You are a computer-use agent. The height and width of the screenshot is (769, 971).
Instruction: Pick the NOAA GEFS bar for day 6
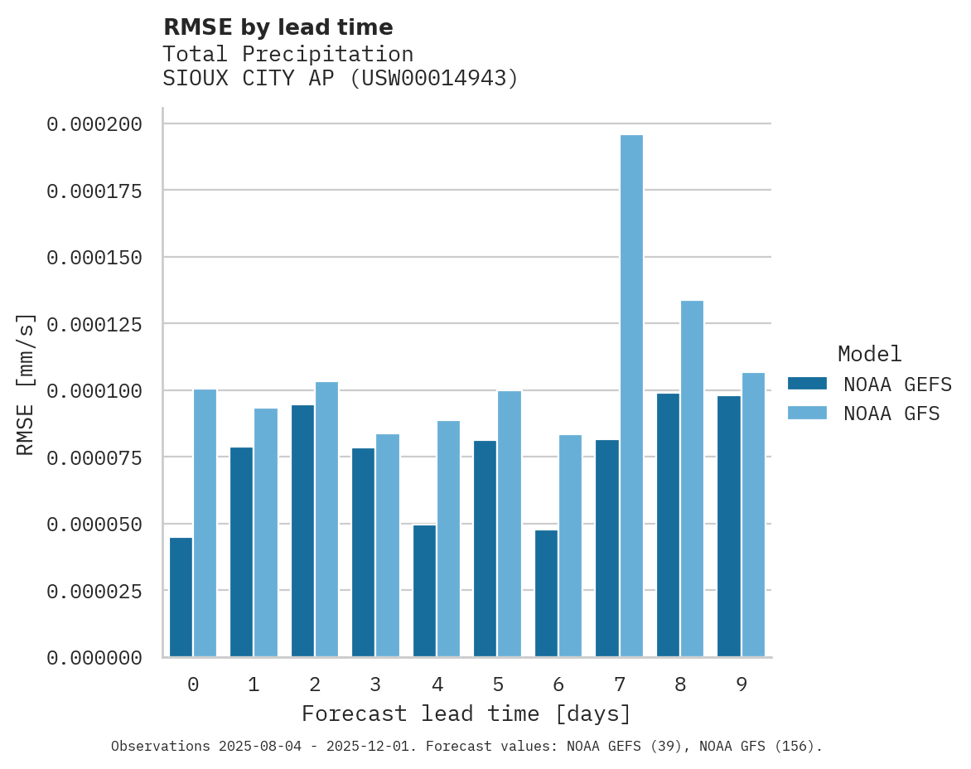546,593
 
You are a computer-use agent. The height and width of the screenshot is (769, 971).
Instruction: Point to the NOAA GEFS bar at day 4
424,591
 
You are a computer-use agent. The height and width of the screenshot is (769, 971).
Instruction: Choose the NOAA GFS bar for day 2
326,520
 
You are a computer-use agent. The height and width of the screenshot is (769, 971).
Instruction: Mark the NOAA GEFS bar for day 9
729,526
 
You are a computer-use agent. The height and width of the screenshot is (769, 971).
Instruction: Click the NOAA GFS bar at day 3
388,545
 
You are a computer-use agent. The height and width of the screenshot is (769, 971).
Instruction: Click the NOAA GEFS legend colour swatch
807,384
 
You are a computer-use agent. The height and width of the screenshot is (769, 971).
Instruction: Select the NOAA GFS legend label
891,413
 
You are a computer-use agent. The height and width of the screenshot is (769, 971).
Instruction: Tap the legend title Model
869,354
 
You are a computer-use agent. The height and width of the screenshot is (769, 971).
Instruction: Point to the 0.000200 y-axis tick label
94,124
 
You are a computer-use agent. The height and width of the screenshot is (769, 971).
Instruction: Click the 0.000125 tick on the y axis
94,324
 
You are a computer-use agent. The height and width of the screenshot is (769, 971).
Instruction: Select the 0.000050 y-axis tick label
94,525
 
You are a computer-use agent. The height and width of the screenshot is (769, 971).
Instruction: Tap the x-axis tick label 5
497,684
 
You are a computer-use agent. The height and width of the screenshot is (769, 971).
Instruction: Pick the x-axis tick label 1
254,684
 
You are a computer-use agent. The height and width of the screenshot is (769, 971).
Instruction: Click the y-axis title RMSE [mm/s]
26,384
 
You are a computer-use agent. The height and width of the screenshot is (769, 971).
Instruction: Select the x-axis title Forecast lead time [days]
466,713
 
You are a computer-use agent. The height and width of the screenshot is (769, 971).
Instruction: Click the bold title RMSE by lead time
278,27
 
